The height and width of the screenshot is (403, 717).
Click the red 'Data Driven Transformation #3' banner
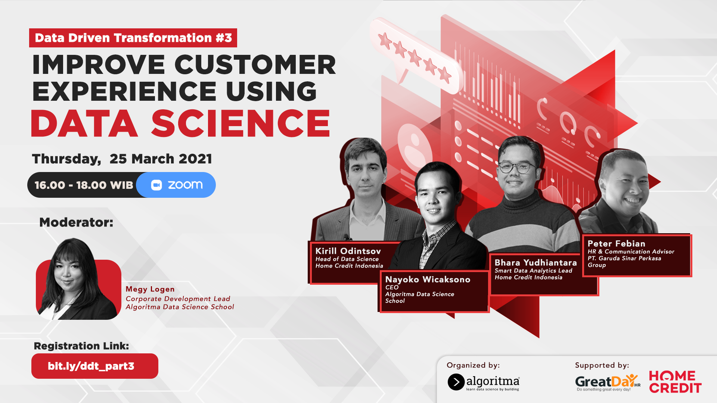133,38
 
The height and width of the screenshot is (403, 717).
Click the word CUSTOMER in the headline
255,65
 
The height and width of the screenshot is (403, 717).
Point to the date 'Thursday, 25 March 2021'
122,159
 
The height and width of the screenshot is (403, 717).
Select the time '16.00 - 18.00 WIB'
84,185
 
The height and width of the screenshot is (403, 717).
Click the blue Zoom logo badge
176,185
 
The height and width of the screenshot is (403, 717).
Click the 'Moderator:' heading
76,222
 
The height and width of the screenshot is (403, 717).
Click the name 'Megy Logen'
150,289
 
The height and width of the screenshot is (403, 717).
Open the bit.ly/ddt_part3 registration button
95,366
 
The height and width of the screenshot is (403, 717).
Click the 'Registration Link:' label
81,346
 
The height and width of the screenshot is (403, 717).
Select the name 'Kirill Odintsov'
348,251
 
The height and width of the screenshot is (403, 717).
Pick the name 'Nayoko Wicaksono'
428,279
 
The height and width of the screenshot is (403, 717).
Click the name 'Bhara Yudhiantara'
536,263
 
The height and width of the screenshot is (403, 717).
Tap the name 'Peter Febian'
616,244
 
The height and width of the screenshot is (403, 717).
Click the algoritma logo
484,382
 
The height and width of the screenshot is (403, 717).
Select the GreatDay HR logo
608,382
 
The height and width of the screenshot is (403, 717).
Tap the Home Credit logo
675,382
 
